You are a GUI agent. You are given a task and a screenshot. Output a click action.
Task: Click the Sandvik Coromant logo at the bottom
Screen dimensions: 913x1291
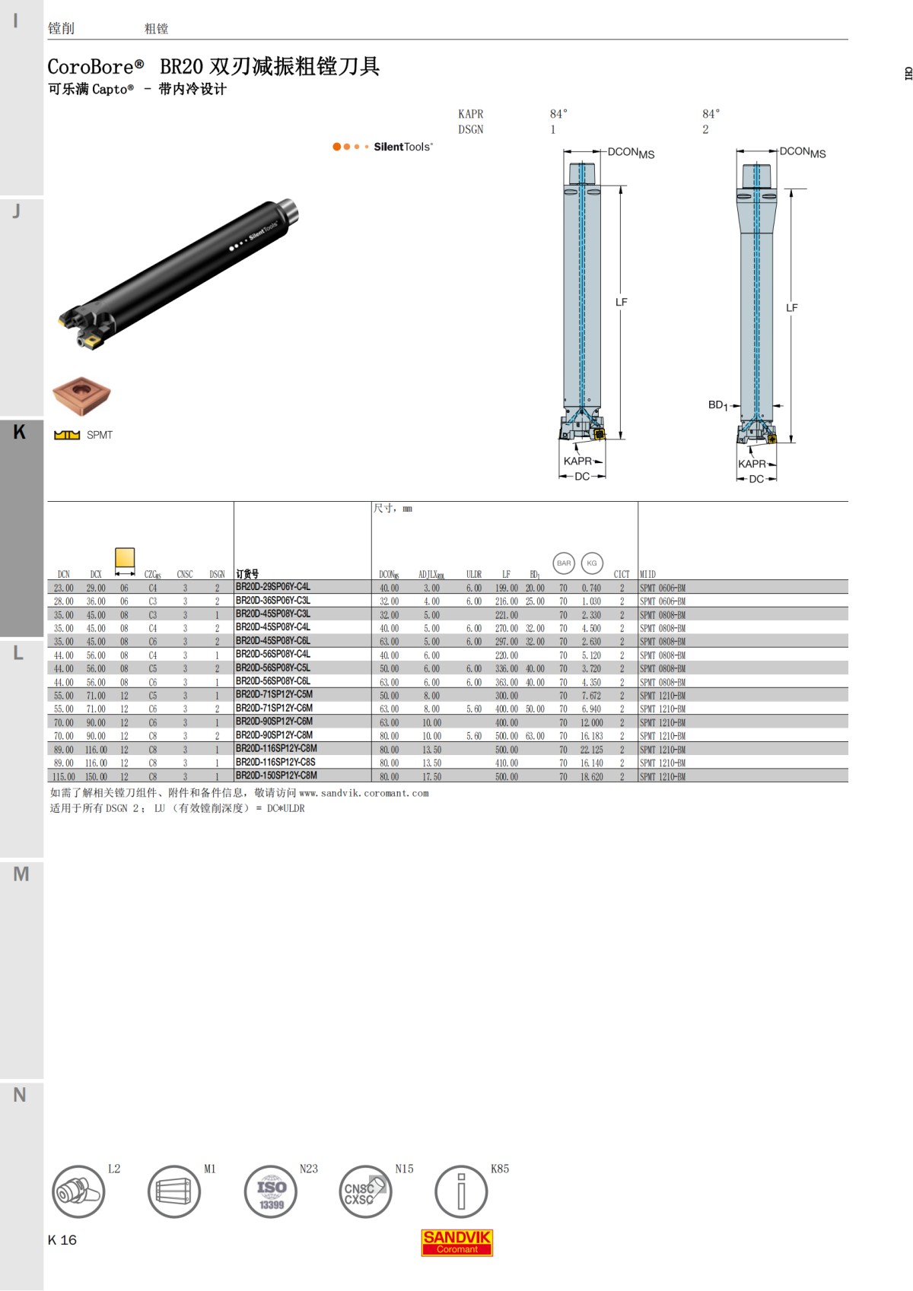coord(456,1242)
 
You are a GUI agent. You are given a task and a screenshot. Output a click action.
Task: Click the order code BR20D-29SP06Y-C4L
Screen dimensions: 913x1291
coord(272,587)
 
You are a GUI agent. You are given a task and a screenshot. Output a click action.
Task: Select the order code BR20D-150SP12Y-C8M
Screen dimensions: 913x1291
coord(275,776)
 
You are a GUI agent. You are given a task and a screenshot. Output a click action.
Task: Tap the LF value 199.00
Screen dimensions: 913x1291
coord(506,588)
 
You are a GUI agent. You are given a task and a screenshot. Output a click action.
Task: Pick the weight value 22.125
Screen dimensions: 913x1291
coord(591,750)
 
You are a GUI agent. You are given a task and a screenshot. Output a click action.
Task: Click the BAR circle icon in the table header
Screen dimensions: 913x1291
coord(563,563)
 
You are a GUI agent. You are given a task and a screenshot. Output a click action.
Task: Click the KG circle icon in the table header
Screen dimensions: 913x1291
coord(592,563)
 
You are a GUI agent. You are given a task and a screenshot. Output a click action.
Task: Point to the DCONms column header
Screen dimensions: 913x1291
coord(389,575)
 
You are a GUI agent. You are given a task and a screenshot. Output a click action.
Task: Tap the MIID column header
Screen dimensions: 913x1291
coord(647,575)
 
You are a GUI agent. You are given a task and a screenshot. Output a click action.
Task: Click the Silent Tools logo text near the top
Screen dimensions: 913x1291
coord(402,147)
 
